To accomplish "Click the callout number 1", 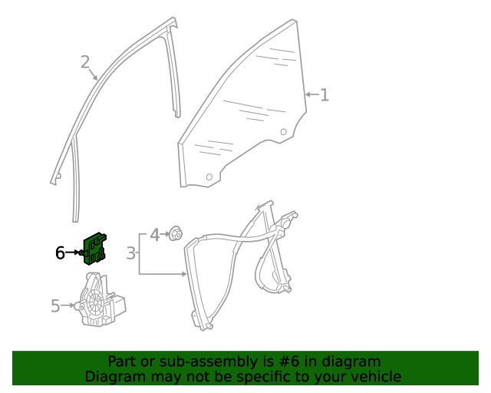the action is click(325, 94).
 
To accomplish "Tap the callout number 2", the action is click(85, 62).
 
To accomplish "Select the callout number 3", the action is click(131, 253).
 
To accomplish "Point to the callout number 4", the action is click(155, 235).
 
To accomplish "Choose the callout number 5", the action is click(55, 305).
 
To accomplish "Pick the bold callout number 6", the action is click(60, 253).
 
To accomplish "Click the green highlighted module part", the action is click(94, 249).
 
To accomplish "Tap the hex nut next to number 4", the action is click(176, 234).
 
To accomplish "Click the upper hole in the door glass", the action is click(283, 131).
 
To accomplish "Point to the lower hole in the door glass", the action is click(209, 177).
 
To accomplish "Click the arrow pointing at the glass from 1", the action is click(312, 94).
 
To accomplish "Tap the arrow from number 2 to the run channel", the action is click(93, 74).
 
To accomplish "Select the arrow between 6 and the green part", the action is click(73, 252).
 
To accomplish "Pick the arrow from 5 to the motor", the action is click(68, 305).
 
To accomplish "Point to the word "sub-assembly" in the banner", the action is click(209, 362).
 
